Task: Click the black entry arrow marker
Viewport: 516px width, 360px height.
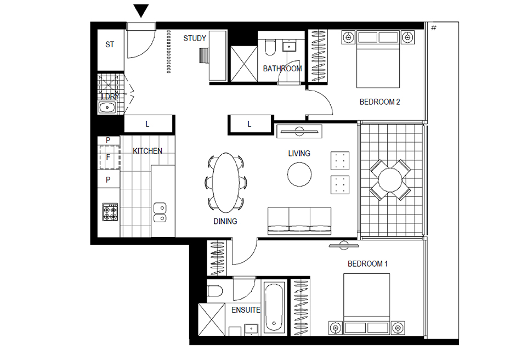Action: (x=141, y=10)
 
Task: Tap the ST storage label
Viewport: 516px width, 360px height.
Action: (x=110, y=44)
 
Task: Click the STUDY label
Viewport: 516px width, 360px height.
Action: (x=195, y=38)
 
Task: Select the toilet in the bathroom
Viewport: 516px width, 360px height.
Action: (x=270, y=48)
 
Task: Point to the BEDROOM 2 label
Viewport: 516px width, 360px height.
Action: (x=379, y=102)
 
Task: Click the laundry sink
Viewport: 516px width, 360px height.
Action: (x=107, y=108)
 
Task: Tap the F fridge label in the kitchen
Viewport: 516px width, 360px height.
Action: (x=108, y=157)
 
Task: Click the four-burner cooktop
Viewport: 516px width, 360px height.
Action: (x=110, y=212)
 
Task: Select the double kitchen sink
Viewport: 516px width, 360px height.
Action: (x=160, y=212)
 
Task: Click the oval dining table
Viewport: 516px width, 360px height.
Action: (x=226, y=183)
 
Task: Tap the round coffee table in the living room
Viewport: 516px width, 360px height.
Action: (x=299, y=175)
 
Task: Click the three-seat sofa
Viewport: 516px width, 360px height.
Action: (x=299, y=221)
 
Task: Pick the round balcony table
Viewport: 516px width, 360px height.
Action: (x=390, y=180)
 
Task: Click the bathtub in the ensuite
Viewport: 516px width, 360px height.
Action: (x=274, y=307)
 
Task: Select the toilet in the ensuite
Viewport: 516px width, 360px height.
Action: (x=215, y=291)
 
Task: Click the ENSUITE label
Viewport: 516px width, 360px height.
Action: (x=246, y=310)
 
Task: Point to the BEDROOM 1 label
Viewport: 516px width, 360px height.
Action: (x=367, y=264)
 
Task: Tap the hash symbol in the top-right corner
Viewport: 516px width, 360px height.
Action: (x=434, y=28)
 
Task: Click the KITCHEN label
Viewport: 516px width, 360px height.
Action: (x=148, y=151)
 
